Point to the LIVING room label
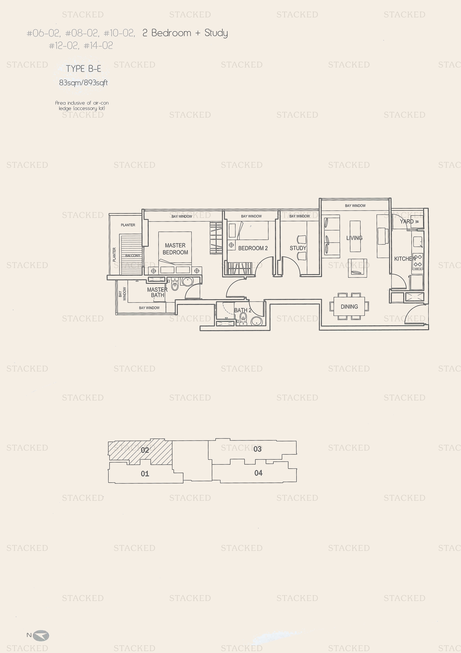[x=354, y=238]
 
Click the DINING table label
[x=349, y=307]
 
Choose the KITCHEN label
[x=405, y=259]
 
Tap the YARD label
[x=407, y=221]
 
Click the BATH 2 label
[x=243, y=310]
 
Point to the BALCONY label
[x=133, y=255]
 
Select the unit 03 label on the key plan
[x=257, y=449]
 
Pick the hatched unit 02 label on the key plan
[x=145, y=450]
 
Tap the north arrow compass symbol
[x=41, y=635]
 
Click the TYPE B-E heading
[x=83, y=69]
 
